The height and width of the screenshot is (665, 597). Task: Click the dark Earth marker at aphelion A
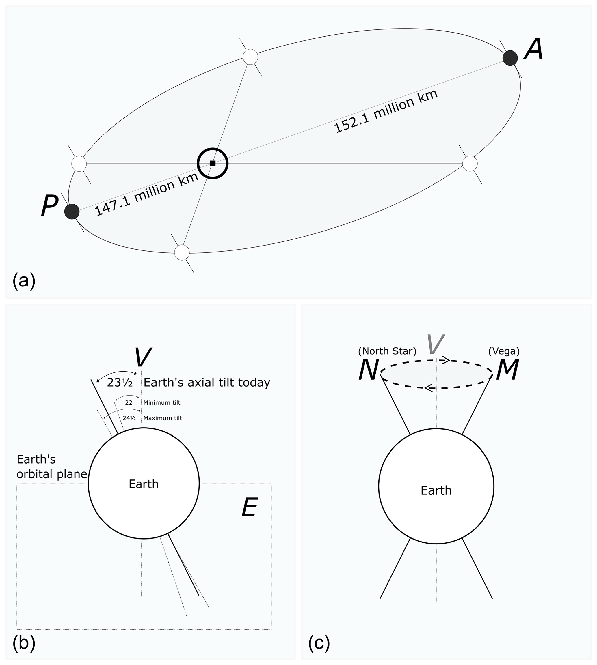tap(510, 58)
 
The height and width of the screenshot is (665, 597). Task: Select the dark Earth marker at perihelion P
tap(72, 211)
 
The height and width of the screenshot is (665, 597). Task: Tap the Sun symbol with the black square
tap(213, 163)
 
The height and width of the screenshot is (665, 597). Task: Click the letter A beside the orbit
tap(534, 49)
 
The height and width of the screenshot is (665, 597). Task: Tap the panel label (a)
tap(24, 281)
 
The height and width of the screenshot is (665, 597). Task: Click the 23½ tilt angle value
tap(120, 383)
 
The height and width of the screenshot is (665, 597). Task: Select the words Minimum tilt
tap(162, 402)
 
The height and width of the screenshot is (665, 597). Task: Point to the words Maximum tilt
tap(162, 418)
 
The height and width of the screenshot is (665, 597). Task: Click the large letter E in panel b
tap(250, 507)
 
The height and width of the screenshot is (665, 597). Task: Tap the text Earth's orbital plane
tap(51, 467)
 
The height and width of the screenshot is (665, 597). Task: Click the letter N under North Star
tap(369, 370)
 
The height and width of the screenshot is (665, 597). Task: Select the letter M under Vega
tap(507, 370)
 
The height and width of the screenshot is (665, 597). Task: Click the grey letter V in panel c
tap(435, 345)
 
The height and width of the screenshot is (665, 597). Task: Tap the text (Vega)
tap(504, 351)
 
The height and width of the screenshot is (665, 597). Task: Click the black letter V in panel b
tap(143, 357)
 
